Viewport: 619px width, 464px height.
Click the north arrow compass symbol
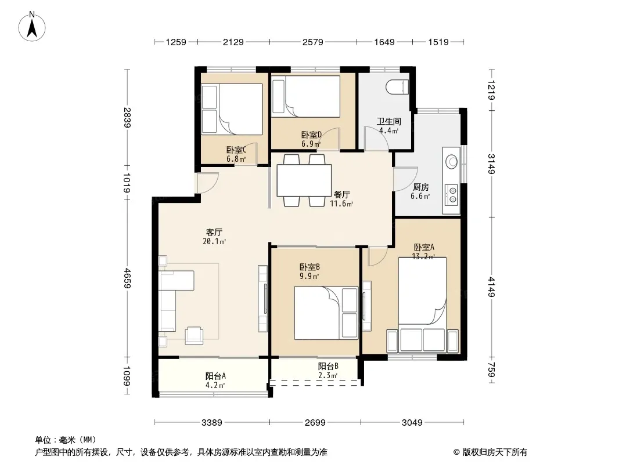pos(32,27)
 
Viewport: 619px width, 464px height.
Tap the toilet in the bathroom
pos(397,87)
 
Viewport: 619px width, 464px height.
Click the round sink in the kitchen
pos(451,162)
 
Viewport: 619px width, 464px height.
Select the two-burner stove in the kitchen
pos(451,195)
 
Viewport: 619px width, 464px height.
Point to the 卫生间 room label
pos(388,121)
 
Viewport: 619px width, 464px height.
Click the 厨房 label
pos(421,187)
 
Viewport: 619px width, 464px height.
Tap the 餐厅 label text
pos(342,195)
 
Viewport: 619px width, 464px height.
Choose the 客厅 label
pos(214,232)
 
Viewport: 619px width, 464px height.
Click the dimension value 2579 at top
pos(312,42)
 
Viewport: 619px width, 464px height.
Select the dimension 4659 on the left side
pos(127,278)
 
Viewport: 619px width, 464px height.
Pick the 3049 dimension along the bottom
pos(412,423)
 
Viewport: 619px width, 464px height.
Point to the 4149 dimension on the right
pos(491,287)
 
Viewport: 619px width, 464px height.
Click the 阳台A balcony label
pos(215,376)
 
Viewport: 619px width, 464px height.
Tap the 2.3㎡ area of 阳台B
pos(328,376)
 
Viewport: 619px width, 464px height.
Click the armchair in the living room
pos(194,335)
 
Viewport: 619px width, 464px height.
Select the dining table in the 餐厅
pos(304,180)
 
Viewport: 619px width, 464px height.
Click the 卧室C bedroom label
pos(236,150)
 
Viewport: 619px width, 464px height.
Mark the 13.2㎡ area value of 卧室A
pos(423,256)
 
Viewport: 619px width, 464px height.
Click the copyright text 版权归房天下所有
pos(495,452)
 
